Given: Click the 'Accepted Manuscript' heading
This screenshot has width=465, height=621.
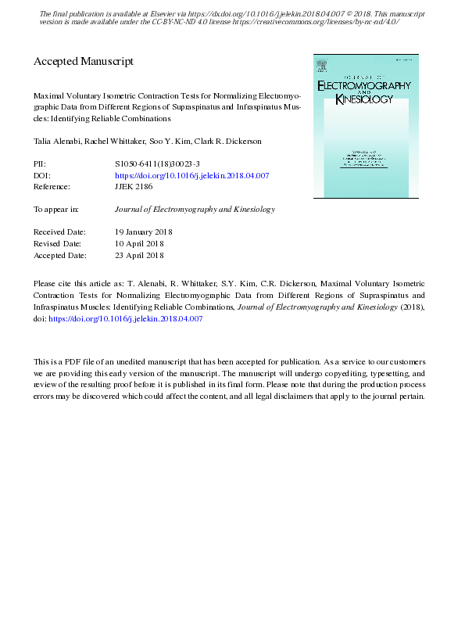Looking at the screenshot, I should coord(84,61).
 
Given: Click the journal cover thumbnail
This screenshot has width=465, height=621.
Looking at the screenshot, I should coord(365,125).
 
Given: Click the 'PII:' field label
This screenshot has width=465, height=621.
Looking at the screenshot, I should coord(40,165).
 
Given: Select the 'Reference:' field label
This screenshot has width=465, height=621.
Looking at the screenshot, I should coord(52,187).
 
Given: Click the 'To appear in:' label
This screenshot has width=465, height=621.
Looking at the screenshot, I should coord(55,210).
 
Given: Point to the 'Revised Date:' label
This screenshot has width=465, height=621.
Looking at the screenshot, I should coord(59,243).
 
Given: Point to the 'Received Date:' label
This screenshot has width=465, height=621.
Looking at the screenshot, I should coord(60,232).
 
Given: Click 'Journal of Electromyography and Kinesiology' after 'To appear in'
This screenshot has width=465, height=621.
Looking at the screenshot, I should coord(195,210).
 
